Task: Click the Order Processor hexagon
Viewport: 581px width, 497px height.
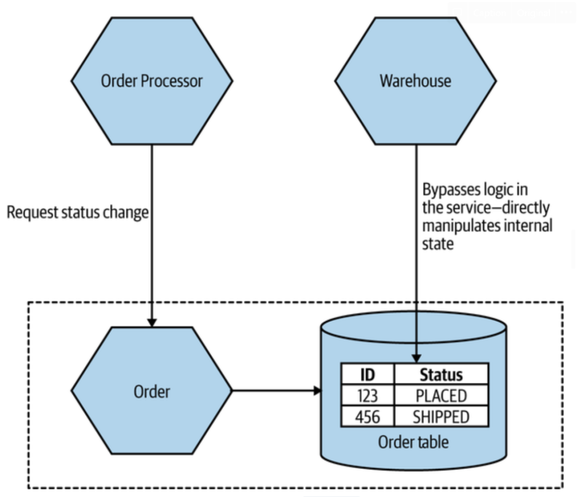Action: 152,81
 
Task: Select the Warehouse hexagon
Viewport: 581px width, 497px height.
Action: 415,81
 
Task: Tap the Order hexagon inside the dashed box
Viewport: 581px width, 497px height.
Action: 152,391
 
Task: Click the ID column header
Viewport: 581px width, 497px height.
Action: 367,374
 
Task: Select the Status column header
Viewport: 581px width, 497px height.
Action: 441,374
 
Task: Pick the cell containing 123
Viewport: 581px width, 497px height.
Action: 367,396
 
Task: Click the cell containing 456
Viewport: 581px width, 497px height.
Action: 367,417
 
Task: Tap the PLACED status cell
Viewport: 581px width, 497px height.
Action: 441,396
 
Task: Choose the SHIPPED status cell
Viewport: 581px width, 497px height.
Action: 441,417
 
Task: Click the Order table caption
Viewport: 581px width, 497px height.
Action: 413,443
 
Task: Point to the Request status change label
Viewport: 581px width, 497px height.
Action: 77,212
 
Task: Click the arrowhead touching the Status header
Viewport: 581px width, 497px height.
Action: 415,358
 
